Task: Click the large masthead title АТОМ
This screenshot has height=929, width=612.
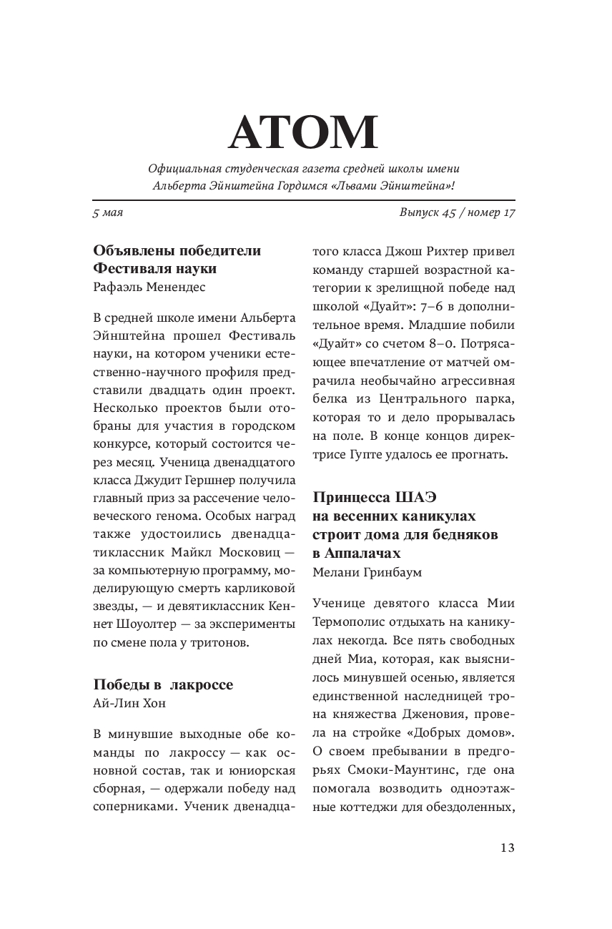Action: click(303, 131)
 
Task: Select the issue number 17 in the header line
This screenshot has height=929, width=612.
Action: click(508, 213)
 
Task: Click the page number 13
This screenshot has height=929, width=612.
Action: click(507, 848)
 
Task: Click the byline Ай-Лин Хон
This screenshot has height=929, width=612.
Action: click(129, 702)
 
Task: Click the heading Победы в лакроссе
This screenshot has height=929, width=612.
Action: click(163, 684)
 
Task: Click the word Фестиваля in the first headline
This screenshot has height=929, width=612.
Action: click(134, 269)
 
